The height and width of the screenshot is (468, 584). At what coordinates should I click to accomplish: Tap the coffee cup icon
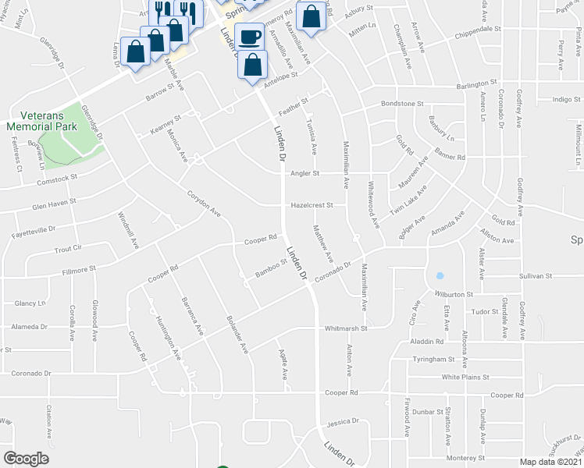(x=249, y=36)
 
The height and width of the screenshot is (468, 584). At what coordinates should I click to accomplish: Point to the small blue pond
(x=440, y=276)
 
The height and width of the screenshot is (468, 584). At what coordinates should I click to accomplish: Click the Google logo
(x=26, y=459)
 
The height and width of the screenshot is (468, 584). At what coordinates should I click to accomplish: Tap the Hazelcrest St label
(x=312, y=206)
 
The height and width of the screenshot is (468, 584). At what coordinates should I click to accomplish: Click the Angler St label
(x=305, y=173)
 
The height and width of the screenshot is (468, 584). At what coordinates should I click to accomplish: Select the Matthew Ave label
(x=322, y=243)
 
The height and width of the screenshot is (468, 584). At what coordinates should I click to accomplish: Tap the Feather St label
(x=294, y=106)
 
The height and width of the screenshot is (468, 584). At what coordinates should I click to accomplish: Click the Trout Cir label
(x=68, y=249)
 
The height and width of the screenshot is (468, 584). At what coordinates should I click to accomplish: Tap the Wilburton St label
(x=454, y=295)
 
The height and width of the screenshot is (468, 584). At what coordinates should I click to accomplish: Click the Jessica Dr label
(x=343, y=422)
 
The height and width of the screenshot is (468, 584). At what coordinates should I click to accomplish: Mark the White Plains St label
(x=468, y=377)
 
